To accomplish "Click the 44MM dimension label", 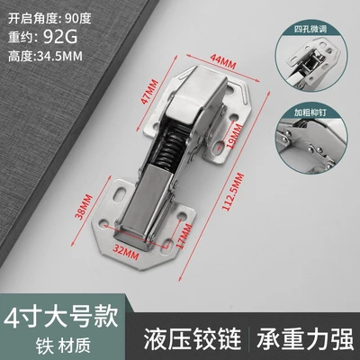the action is [x=222, y=61].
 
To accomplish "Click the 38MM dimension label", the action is [x=85, y=207].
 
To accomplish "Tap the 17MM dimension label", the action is [x=184, y=236].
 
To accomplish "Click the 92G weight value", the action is [x=60, y=37].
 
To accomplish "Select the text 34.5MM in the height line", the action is [x=58, y=56].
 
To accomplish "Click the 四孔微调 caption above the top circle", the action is [x=310, y=30].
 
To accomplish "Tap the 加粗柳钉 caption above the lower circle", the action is [x=310, y=112].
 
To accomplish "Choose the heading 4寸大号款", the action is [x=61, y=317].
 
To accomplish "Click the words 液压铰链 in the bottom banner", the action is [x=193, y=338].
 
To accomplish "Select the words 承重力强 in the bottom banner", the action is [x=305, y=338].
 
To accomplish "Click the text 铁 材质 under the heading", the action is [x=63, y=346].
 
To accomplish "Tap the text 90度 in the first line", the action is [x=77, y=19].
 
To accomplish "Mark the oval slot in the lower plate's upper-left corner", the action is [x=120, y=193].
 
